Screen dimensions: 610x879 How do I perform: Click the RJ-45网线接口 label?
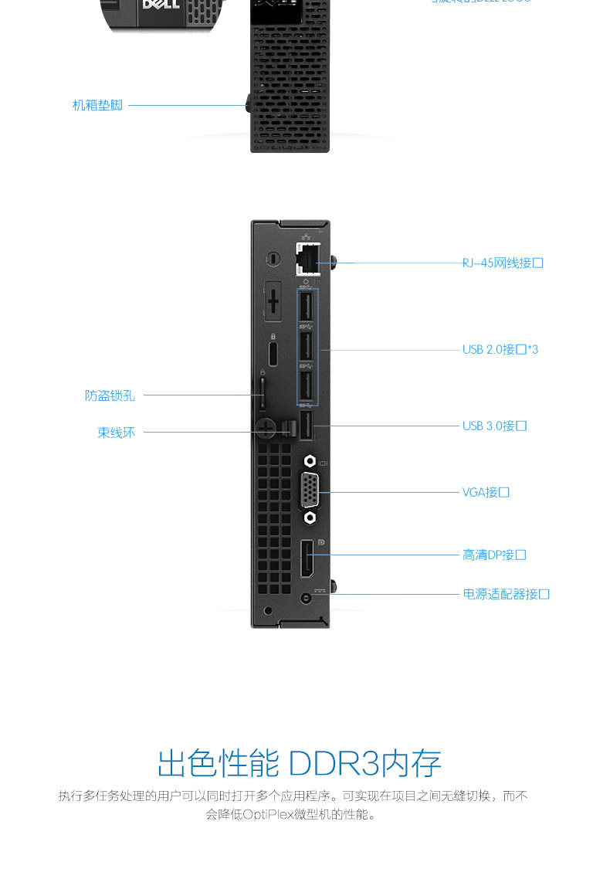pos(503,263)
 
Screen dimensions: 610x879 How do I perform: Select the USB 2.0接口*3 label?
pos(500,350)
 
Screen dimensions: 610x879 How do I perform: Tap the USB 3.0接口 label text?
pos(494,426)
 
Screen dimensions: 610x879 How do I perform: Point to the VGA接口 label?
pos(486,492)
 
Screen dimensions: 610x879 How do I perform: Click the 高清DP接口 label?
pos(494,555)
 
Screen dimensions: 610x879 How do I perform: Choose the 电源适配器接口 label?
pos(506,594)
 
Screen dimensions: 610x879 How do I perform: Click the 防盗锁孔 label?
pos(110,395)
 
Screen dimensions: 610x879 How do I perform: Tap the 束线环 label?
pos(116,433)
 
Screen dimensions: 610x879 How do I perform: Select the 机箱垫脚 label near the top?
pos(97,105)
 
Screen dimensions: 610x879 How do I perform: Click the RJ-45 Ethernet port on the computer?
pos(309,259)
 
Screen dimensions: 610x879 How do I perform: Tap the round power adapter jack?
pos(309,597)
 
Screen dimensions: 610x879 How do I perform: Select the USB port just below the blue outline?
pos(307,426)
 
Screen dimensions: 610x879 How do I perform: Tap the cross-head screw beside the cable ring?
pos(266,428)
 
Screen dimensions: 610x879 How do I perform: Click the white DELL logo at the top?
pos(161,5)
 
